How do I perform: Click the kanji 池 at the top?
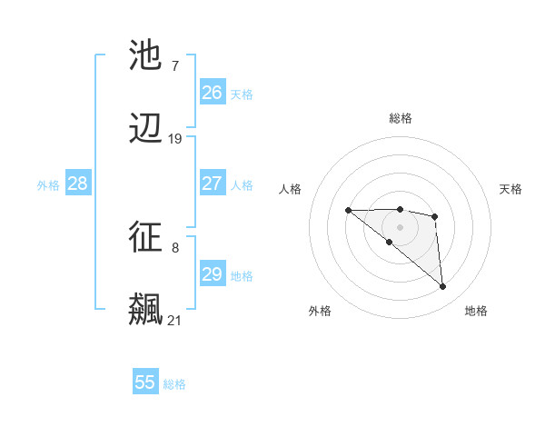click(146, 55)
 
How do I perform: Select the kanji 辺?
click(146, 130)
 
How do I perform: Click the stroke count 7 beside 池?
click(175, 65)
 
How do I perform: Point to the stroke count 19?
click(175, 139)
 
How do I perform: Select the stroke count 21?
click(175, 320)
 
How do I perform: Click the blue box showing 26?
click(213, 93)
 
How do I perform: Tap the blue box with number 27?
click(213, 184)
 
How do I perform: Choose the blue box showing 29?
click(213, 274)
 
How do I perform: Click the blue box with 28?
click(78, 184)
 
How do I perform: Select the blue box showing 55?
click(145, 382)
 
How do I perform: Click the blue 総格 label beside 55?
click(174, 384)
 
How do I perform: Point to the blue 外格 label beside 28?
click(48, 185)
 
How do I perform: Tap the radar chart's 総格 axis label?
click(401, 118)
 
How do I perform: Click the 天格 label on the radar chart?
click(511, 189)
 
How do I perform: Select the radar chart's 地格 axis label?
click(476, 311)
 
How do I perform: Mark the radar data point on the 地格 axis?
click(443, 287)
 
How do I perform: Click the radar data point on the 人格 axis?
click(348, 211)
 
